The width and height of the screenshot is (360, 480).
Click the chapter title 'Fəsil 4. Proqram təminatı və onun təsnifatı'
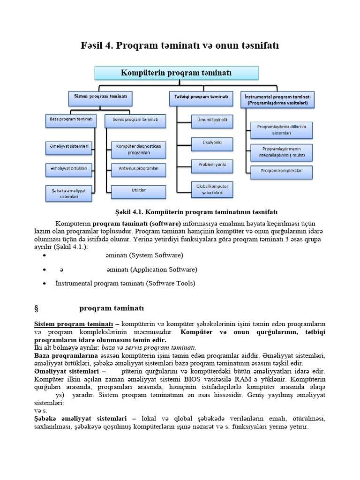(180, 45)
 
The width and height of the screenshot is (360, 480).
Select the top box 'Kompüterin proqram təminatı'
(176, 73)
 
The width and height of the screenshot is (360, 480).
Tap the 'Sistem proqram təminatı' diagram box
(100, 97)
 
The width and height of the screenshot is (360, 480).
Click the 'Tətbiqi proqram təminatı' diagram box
(201, 97)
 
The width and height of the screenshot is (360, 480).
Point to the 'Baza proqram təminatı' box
(71, 119)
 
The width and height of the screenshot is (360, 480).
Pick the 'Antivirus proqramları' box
(138, 168)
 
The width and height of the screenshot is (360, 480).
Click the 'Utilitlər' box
(138, 190)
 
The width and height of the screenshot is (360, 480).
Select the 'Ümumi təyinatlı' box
(212, 120)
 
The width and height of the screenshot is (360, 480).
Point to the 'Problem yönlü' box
(212, 165)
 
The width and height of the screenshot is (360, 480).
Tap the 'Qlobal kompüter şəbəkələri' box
(212, 189)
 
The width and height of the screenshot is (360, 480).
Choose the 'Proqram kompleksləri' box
(281, 171)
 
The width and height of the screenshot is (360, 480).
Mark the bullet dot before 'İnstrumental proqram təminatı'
(44, 284)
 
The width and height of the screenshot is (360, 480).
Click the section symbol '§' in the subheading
(36, 308)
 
